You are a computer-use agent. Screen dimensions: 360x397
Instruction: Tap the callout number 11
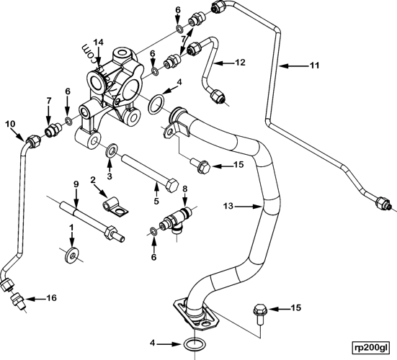(313, 66)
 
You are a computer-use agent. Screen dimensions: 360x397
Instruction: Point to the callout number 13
(228, 207)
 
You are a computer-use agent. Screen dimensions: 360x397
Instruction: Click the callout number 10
(10, 125)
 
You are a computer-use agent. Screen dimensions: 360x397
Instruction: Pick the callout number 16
(50, 297)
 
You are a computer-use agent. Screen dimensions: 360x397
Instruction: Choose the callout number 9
(75, 184)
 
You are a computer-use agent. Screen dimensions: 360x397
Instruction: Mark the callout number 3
(110, 176)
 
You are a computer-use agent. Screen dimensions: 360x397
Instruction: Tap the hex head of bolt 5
(174, 186)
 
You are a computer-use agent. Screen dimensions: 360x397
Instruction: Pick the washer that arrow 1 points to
(71, 254)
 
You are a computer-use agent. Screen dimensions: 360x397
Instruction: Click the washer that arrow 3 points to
(111, 152)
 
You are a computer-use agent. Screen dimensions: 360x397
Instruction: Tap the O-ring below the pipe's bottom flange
(194, 344)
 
